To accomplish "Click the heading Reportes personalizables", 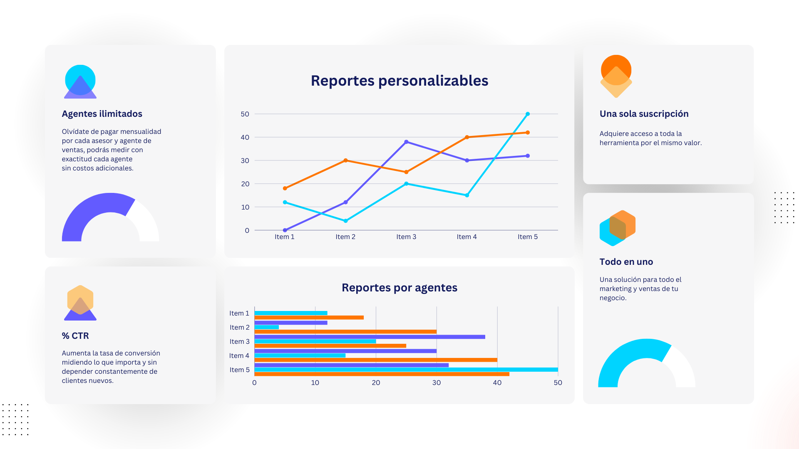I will pyautogui.click(x=399, y=81).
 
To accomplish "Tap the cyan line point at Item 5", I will pyautogui.click(x=528, y=114).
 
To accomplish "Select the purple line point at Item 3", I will pyautogui.click(x=406, y=142).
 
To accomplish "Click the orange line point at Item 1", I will pyautogui.click(x=285, y=188).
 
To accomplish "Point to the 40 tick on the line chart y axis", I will pyautogui.click(x=245, y=137).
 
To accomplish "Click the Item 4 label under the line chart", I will pyautogui.click(x=466, y=237).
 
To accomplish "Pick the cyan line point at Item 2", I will pyautogui.click(x=345, y=221).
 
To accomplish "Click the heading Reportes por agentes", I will pyautogui.click(x=399, y=288).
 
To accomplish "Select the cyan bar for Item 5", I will pyautogui.click(x=406, y=370).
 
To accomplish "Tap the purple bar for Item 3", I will pyautogui.click(x=370, y=337).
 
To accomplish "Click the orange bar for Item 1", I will pyautogui.click(x=309, y=318).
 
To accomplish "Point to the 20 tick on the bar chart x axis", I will pyautogui.click(x=376, y=382).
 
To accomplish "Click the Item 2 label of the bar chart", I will pyautogui.click(x=239, y=327).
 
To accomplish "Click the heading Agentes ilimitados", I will pyautogui.click(x=102, y=114).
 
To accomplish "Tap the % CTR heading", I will pyautogui.click(x=75, y=336).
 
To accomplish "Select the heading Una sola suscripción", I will pyautogui.click(x=644, y=114).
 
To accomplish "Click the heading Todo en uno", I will pyautogui.click(x=626, y=262).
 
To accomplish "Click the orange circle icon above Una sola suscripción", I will pyautogui.click(x=616, y=67).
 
